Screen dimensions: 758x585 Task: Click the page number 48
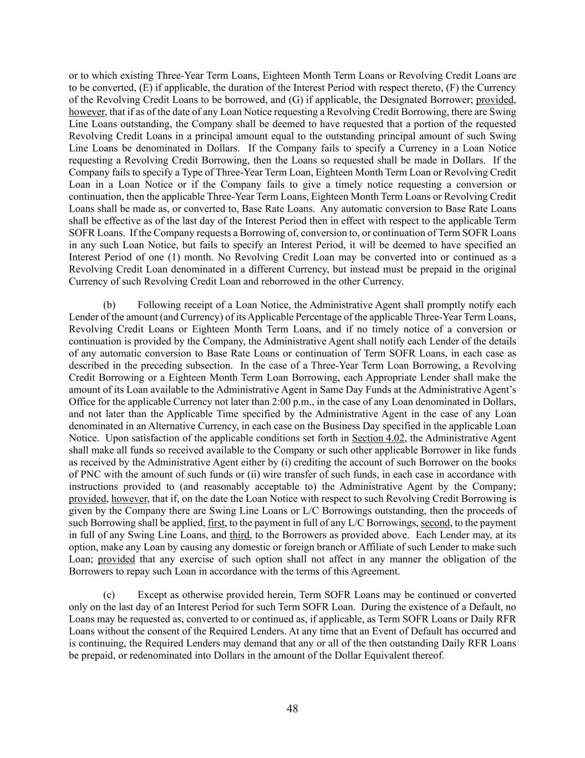tap(292, 709)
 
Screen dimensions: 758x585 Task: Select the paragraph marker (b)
tap(109, 305)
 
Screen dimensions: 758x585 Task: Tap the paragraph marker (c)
tap(109, 595)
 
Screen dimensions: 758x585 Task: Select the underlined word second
tap(435, 523)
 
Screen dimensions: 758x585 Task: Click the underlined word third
tap(240, 535)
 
